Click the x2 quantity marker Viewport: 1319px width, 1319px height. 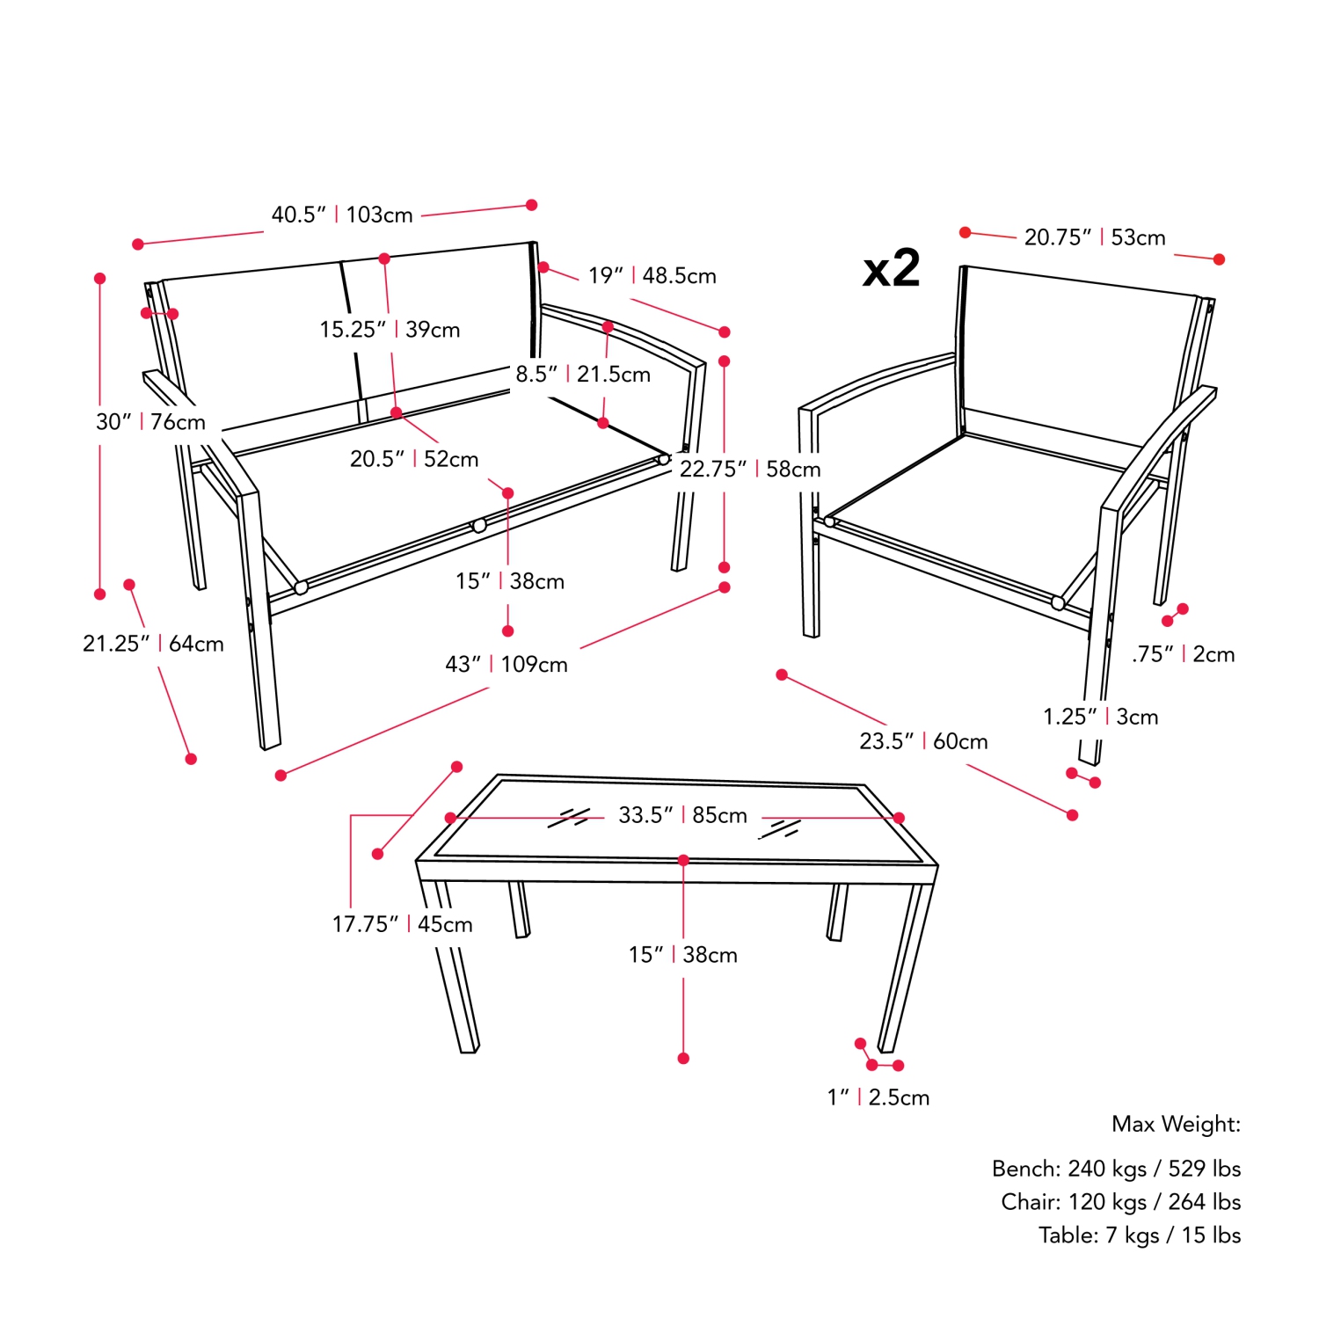891,269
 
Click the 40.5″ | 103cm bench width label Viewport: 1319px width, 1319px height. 342,215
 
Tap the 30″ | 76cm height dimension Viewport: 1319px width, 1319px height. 150,422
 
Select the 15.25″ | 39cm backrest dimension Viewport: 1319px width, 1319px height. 390,330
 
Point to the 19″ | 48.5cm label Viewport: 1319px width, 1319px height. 652,276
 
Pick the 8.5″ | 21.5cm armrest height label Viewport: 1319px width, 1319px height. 583,375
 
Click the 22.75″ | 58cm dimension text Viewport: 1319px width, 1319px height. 750,470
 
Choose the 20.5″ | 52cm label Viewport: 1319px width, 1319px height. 414,459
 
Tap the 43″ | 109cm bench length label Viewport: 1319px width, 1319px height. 506,665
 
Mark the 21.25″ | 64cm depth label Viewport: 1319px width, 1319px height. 153,644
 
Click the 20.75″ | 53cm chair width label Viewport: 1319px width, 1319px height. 1095,237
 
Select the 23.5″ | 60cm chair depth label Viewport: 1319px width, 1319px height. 923,741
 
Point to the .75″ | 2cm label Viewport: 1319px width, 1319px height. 1184,654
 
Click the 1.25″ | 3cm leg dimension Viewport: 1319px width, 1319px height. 1101,717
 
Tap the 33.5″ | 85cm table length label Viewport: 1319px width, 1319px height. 682,815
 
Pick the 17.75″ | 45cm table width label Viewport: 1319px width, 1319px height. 402,924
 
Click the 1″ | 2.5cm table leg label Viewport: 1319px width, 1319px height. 878,1097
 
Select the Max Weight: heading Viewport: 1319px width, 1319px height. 1177,1124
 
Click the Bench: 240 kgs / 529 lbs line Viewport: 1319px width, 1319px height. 1117,1169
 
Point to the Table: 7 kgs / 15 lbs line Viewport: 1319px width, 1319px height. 1140,1235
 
